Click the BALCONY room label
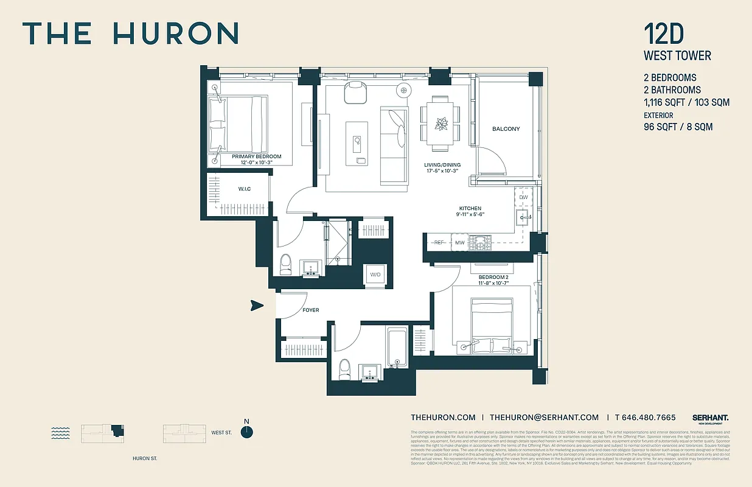[x=506, y=129]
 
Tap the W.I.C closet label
[x=244, y=189]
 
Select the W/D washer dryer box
[x=375, y=275]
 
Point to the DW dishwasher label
[x=523, y=198]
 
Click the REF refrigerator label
[x=439, y=243]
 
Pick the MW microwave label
[x=461, y=243]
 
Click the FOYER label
[x=310, y=310]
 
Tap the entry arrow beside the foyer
[x=257, y=306]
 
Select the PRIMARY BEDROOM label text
[x=257, y=156]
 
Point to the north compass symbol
[x=246, y=432]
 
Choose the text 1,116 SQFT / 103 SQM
[x=686, y=102]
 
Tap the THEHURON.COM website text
[x=443, y=418]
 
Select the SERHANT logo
[x=710, y=418]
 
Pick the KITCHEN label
[x=470, y=208]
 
